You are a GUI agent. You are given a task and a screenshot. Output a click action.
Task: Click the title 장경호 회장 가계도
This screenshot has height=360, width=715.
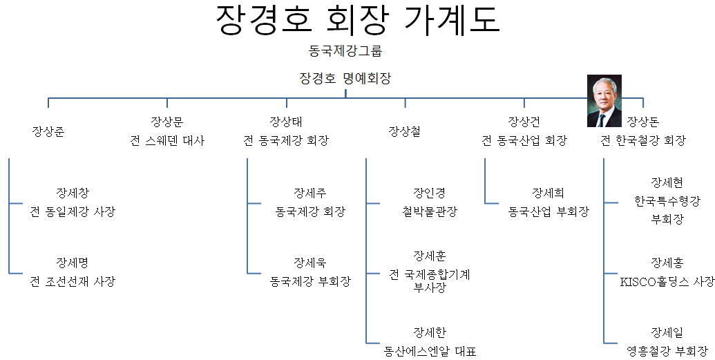pos(357,21)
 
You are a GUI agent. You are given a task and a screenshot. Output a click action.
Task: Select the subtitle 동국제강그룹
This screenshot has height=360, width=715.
pos(345,50)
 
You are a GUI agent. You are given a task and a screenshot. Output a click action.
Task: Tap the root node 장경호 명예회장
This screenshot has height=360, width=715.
pos(345,78)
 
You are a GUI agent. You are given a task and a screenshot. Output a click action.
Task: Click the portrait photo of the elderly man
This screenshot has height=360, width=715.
pos(604,101)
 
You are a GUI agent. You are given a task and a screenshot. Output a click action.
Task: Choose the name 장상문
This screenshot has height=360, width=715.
pos(167,122)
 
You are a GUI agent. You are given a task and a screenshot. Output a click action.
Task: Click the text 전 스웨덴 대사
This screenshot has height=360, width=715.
pos(167,141)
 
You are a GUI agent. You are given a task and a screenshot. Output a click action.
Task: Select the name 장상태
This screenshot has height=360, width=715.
pos(286,122)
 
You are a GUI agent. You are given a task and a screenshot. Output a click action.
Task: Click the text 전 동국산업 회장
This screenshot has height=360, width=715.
pos(524,141)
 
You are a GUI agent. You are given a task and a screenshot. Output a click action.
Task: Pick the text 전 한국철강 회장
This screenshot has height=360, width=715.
pos(642,141)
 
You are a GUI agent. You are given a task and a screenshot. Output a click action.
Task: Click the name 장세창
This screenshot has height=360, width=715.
pos(73,193)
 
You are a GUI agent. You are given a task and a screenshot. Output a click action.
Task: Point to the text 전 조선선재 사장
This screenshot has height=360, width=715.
pos(73,281)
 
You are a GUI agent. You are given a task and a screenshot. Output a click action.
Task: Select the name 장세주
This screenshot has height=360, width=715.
pos(310,193)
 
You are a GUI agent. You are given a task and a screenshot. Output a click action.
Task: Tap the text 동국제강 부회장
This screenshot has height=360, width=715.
pos(310,281)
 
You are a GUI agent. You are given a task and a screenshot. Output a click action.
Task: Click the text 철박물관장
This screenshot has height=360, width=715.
pos(429,211)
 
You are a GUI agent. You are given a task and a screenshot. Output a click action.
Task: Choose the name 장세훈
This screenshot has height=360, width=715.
pos(429,256)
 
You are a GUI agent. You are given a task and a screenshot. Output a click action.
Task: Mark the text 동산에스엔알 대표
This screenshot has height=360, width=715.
pos(430,351)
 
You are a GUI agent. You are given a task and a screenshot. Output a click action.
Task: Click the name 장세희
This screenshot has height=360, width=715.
pos(549,193)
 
